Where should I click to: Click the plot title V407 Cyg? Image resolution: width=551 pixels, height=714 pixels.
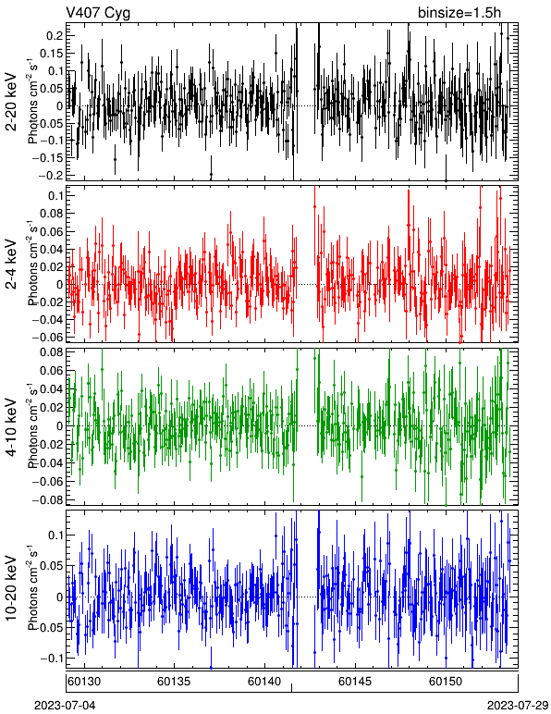coord(98,13)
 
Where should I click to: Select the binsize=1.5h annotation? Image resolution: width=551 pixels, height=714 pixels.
coord(459,13)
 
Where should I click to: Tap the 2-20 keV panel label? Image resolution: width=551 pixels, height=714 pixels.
coord(11,102)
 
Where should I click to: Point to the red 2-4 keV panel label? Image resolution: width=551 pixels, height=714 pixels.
coord(11,265)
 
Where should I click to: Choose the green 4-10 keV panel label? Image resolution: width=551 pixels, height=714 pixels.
coord(11,427)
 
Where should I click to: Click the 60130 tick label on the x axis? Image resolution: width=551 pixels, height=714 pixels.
coord(84,682)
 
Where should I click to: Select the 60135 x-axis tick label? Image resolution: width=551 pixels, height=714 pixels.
coord(174,682)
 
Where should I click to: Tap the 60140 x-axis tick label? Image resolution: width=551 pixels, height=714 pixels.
coord(264,682)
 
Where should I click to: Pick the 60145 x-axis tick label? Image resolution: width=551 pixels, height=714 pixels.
coord(355,682)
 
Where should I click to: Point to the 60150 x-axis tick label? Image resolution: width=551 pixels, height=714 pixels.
coord(446,682)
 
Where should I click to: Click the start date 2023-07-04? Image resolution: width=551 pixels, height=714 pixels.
coord(65,706)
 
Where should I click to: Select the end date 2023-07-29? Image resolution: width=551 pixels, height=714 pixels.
coord(518,706)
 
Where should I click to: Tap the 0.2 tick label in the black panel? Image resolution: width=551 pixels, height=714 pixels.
coord(55,36)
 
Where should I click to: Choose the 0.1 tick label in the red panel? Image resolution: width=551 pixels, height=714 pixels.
coord(55,195)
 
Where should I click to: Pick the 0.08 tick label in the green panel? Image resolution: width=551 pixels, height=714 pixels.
coord(52,352)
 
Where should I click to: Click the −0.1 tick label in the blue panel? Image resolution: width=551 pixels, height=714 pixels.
coord(52,658)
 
